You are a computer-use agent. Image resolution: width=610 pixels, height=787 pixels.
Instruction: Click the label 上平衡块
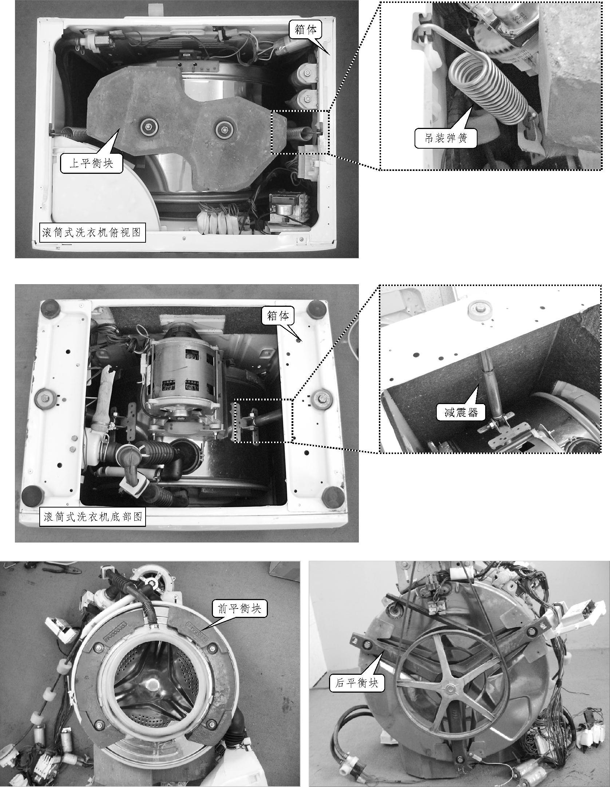pos(91,163)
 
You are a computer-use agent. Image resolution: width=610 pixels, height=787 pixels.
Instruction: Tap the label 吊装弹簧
pos(446,138)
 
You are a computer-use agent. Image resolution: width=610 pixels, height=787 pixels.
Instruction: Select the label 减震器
pos(460,412)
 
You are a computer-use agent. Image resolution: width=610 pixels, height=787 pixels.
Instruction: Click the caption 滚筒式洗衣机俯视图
pos(92,232)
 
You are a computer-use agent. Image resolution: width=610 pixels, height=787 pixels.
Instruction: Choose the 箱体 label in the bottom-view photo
pos(278,316)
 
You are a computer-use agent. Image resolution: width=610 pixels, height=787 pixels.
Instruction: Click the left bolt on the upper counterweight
pos(148,126)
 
